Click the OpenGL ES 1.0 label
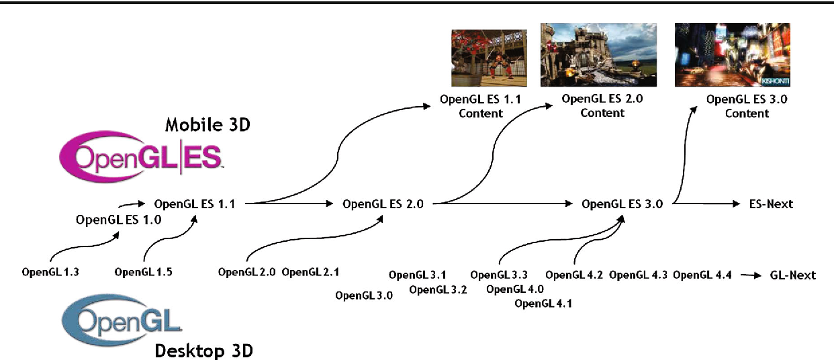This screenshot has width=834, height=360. point(119,220)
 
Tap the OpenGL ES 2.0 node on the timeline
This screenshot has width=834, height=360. point(383,204)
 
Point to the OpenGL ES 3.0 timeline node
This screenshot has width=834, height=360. point(622,204)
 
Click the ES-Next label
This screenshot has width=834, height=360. point(771,204)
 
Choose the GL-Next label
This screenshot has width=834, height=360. point(792,275)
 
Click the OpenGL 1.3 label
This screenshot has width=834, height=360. point(50,273)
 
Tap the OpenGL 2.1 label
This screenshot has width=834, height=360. point(310,273)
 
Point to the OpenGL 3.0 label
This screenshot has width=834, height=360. point(364,296)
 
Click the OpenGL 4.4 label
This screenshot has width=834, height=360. point(702,275)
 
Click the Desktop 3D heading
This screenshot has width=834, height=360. point(204,350)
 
